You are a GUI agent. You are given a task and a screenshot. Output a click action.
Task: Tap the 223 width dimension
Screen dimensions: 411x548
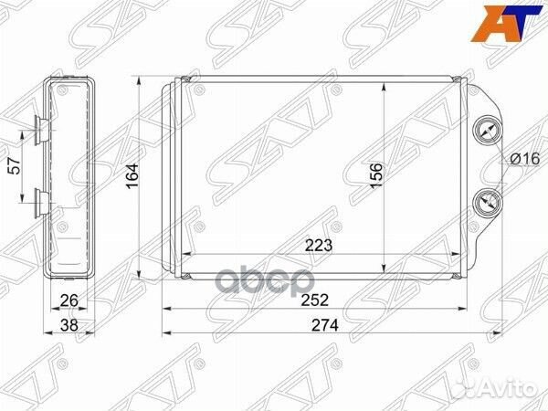tap(319, 245)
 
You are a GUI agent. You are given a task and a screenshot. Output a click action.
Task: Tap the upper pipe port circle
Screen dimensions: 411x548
tap(487, 132)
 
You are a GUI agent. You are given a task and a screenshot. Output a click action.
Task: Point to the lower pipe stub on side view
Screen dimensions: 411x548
tap(40, 199)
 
